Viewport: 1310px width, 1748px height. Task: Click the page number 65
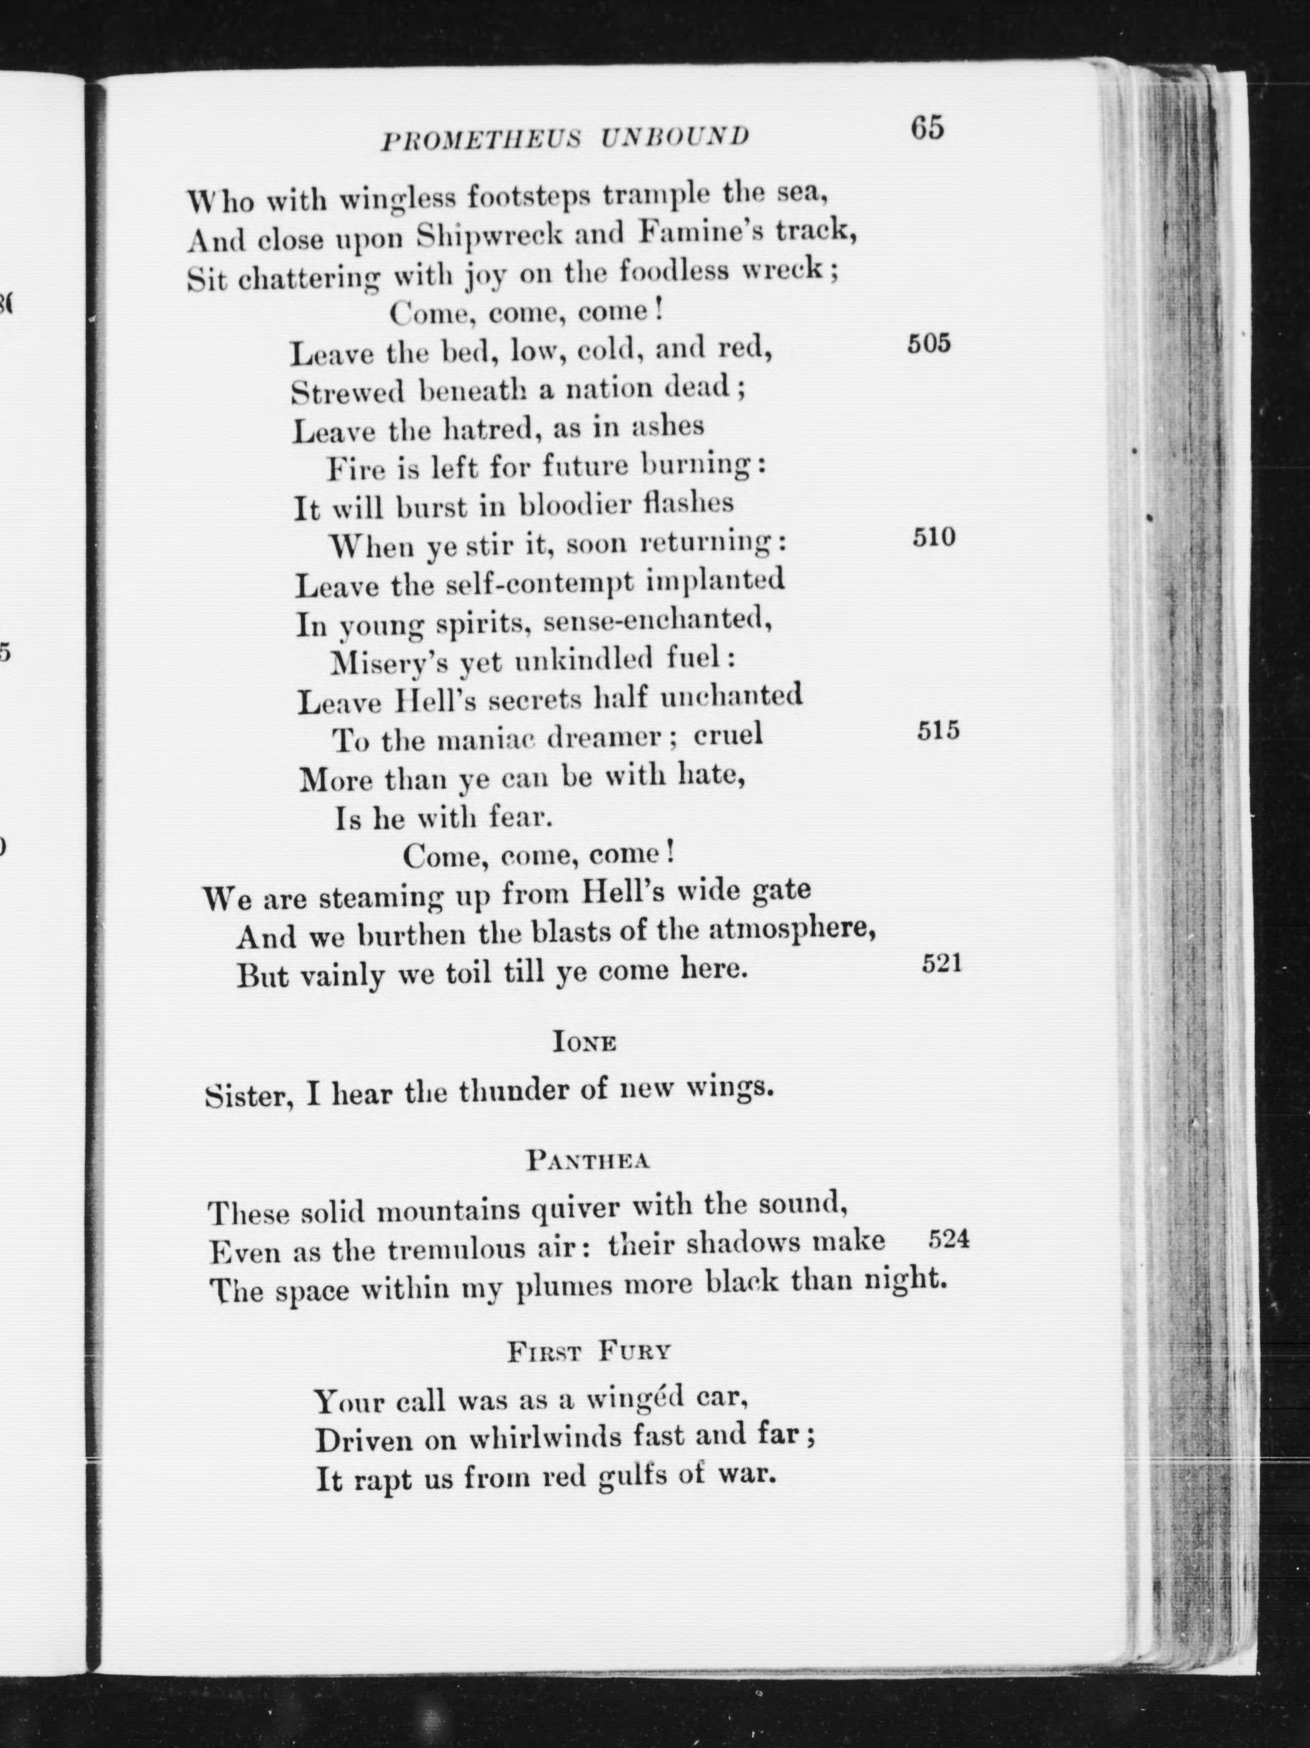(927, 128)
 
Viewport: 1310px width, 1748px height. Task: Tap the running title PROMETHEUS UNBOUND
(566, 138)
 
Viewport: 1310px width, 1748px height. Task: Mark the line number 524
(948, 1239)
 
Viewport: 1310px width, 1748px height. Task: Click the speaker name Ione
(585, 1043)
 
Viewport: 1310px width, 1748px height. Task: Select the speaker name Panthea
(588, 1161)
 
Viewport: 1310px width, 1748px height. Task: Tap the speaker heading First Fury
(590, 1352)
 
